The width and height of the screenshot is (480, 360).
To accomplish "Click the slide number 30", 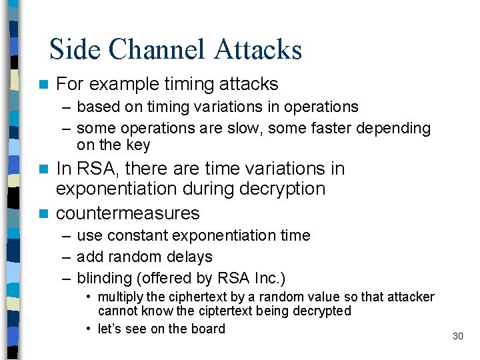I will point(457,336).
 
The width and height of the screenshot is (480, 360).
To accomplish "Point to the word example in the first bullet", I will point(122,84).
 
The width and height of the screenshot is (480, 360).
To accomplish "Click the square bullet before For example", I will point(44,85).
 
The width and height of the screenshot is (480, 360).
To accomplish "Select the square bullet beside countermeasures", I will point(44,214).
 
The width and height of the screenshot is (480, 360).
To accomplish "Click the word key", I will point(139,145).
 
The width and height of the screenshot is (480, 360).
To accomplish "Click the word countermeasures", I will point(127,213).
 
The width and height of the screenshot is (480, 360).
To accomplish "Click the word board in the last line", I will point(207,329).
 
